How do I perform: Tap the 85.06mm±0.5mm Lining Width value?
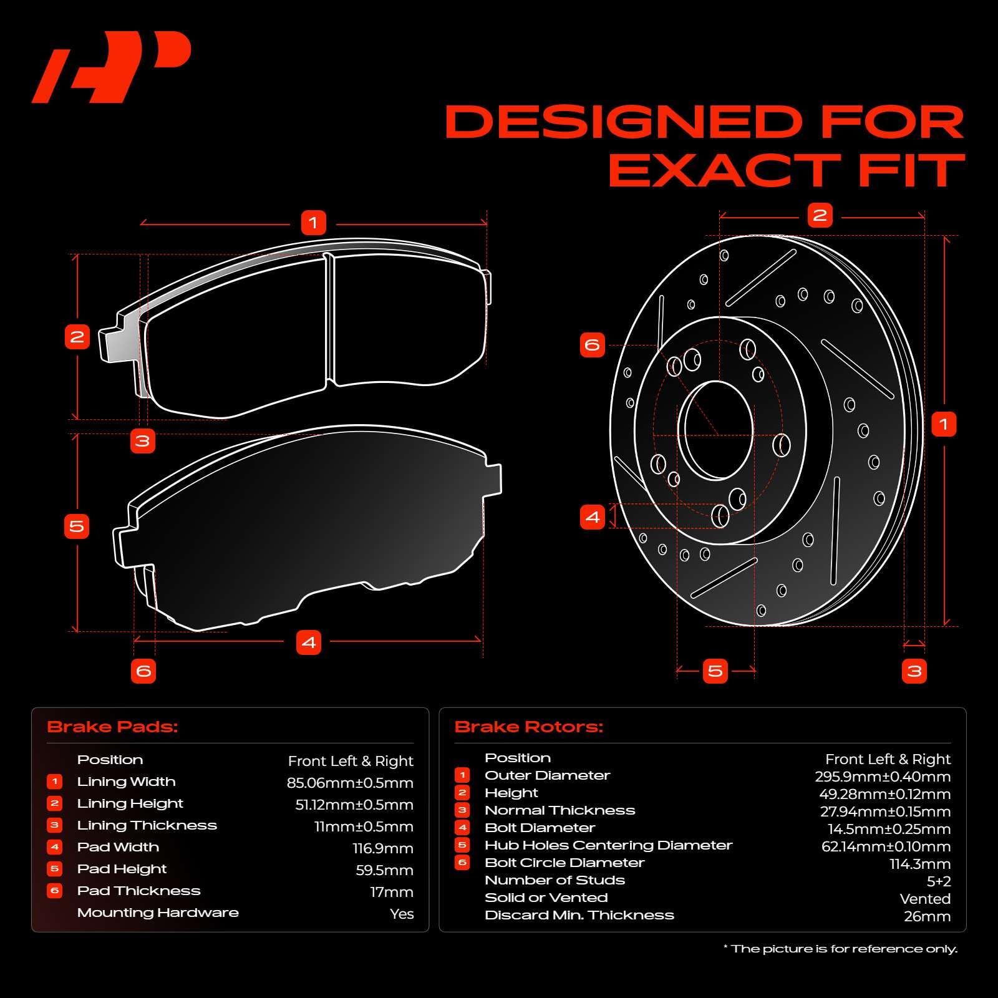coord(350,783)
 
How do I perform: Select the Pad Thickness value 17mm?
coord(392,892)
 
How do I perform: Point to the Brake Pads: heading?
coord(112,727)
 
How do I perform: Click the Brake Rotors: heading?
coord(529,727)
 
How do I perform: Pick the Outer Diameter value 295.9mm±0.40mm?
coord(883,777)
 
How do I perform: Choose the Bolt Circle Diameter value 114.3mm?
coord(920,864)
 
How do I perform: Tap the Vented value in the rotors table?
coord(925,899)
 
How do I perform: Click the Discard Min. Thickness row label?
coord(579,915)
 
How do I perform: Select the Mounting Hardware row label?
coord(158,913)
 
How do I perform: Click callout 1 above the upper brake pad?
coord(313,223)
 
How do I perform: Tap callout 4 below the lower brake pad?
coord(309,642)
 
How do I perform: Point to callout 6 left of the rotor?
coord(592,345)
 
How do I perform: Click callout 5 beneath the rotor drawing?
coord(715,671)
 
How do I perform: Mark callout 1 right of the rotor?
coord(943,425)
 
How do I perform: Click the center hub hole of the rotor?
coord(715,430)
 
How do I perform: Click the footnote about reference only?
coord(840,949)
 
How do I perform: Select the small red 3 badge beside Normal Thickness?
coord(462,810)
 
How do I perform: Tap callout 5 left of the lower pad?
coord(77,526)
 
